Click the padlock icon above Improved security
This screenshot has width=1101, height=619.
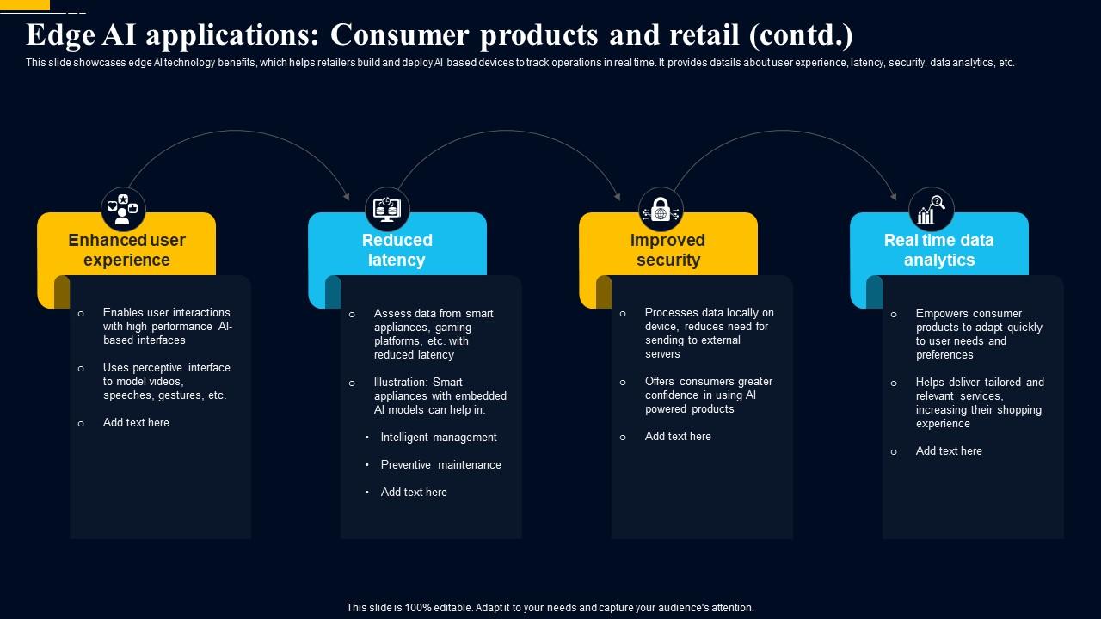[x=661, y=209]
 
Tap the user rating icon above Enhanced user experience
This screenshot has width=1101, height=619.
[x=124, y=209]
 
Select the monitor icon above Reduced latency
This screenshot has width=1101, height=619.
[x=387, y=209]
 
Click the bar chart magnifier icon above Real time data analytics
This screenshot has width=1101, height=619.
[x=932, y=209]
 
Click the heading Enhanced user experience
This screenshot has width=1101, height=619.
[x=126, y=250]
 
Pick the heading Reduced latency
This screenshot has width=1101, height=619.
[x=397, y=250]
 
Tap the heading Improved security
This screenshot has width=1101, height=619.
[x=667, y=250]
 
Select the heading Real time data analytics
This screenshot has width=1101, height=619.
[x=938, y=250]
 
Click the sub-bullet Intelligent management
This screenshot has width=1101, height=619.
[x=439, y=437]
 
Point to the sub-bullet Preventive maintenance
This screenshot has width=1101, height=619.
[x=440, y=464]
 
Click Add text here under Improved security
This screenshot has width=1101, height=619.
[x=678, y=436]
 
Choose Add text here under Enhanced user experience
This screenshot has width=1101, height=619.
[x=136, y=422]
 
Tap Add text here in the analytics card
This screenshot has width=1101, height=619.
[x=949, y=450]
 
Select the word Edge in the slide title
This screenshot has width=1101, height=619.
[x=58, y=35]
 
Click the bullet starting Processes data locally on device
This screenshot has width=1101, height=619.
[x=709, y=333]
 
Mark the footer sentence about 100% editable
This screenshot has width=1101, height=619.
[x=550, y=607]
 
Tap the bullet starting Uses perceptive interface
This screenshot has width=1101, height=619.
[x=166, y=381]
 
